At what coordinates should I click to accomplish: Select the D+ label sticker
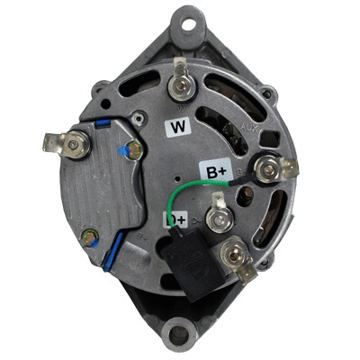175,219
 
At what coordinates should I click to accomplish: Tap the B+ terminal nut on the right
267,166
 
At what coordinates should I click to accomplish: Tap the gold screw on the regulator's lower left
89,238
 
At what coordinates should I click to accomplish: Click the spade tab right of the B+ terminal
290,167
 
